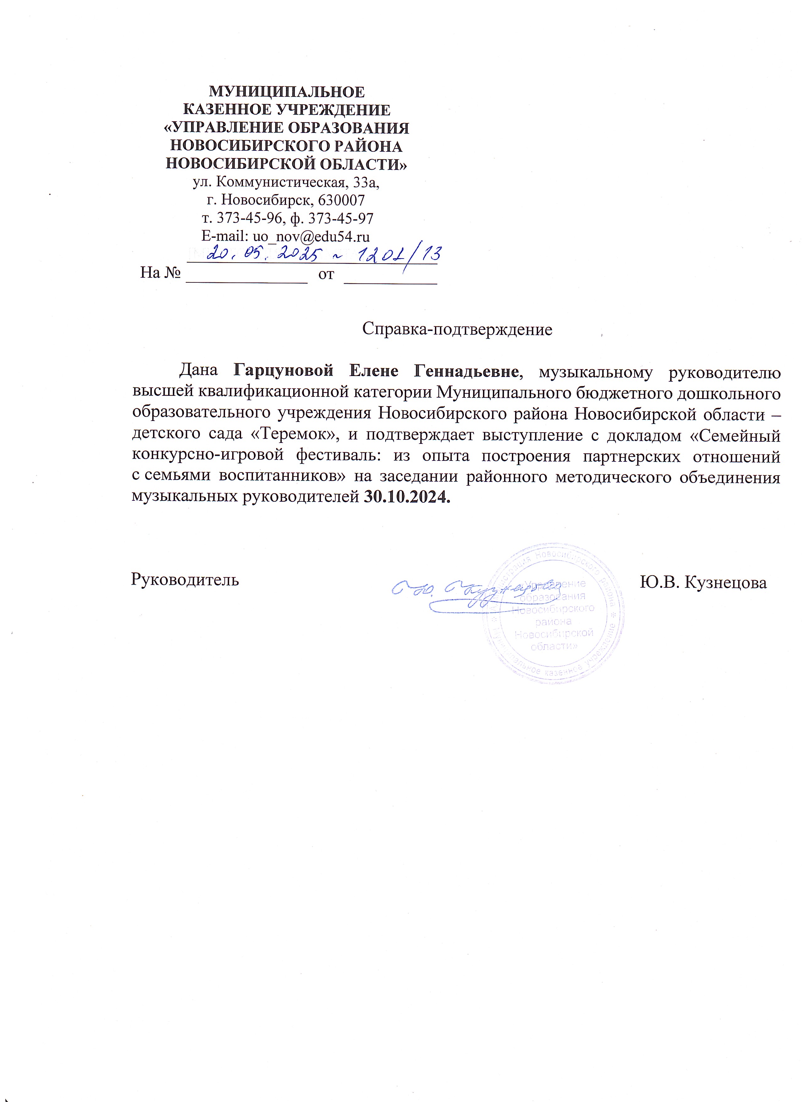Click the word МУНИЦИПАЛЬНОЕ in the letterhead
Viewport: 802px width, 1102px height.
(286, 92)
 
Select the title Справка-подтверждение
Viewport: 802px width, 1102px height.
(457, 330)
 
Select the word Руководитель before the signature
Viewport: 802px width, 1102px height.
(185, 580)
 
